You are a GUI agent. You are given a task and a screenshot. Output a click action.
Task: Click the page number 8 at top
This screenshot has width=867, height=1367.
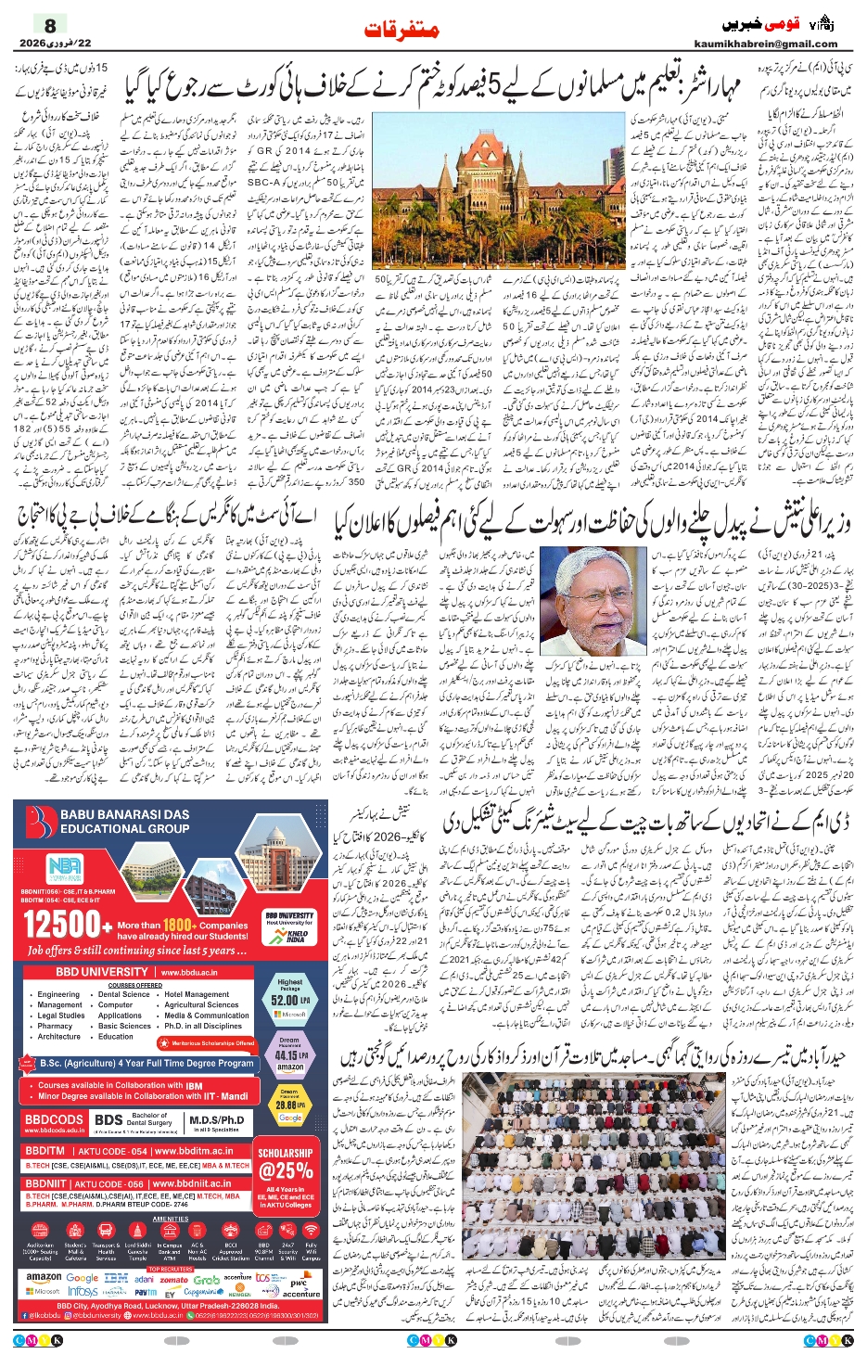click(x=50, y=25)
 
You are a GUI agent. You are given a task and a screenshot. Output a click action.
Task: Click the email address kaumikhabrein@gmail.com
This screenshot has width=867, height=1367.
click(x=765, y=44)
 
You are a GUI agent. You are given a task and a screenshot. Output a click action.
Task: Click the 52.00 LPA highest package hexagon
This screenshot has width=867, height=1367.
click(x=289, y=996)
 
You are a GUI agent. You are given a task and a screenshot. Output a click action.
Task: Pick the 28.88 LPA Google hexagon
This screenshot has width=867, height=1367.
click(x=289, y=1105)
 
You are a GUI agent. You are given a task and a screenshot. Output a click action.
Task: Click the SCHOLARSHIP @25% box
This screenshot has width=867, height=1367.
click(x=286, y=1170)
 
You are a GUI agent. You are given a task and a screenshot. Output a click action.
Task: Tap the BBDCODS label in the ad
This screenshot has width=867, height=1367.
click(x=54, y=1120)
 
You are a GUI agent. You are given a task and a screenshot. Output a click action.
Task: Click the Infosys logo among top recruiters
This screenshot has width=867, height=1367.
click(x=83, y=1291)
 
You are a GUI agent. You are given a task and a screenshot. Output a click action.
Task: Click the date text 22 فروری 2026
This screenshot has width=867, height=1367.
click(x=42, y=43)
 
